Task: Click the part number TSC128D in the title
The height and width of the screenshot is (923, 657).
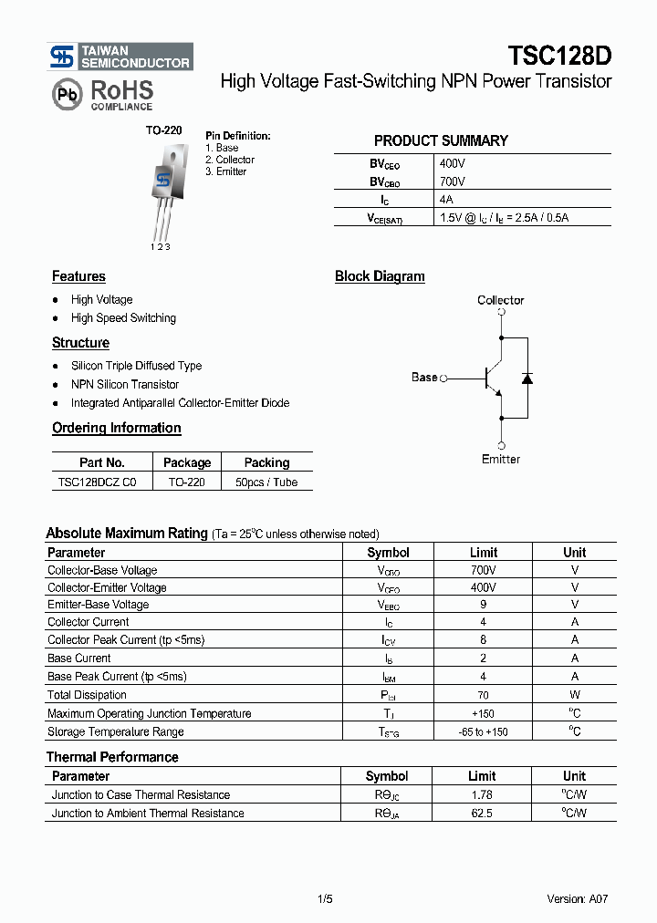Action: tap(559, 57)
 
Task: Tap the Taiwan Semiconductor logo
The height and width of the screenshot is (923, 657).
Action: tap(120, 57)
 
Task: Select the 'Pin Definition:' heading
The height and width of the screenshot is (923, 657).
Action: tap(237, 136)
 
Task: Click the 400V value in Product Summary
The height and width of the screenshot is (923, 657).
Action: tap(453, 164)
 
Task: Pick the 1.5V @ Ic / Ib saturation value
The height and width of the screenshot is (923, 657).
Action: tap(504, 218)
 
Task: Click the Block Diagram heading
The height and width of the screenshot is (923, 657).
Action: tap(380, 276)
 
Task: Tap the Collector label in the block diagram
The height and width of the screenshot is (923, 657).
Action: tap(500, 300)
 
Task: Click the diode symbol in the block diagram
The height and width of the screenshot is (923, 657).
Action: tap(527, 378)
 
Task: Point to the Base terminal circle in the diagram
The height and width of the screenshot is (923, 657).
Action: tap(444, 378)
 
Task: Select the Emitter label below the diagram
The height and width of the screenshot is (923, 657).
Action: tap(500, 459)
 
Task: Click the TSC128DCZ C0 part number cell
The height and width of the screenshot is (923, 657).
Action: tap(97, 482)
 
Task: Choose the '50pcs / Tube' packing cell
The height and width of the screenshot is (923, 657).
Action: tap(266, 482)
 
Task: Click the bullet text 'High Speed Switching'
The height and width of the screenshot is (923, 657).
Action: tap(123, 318)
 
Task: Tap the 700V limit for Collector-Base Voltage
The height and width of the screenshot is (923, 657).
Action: tap(483, 570)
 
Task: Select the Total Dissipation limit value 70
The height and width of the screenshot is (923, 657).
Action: tap(483, 695)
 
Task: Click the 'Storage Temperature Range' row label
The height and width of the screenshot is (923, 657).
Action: tap(116, 731)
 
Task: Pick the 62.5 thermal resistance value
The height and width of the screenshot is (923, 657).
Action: tap(482, 813)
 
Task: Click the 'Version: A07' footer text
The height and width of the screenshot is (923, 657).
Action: tap(577, 898)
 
